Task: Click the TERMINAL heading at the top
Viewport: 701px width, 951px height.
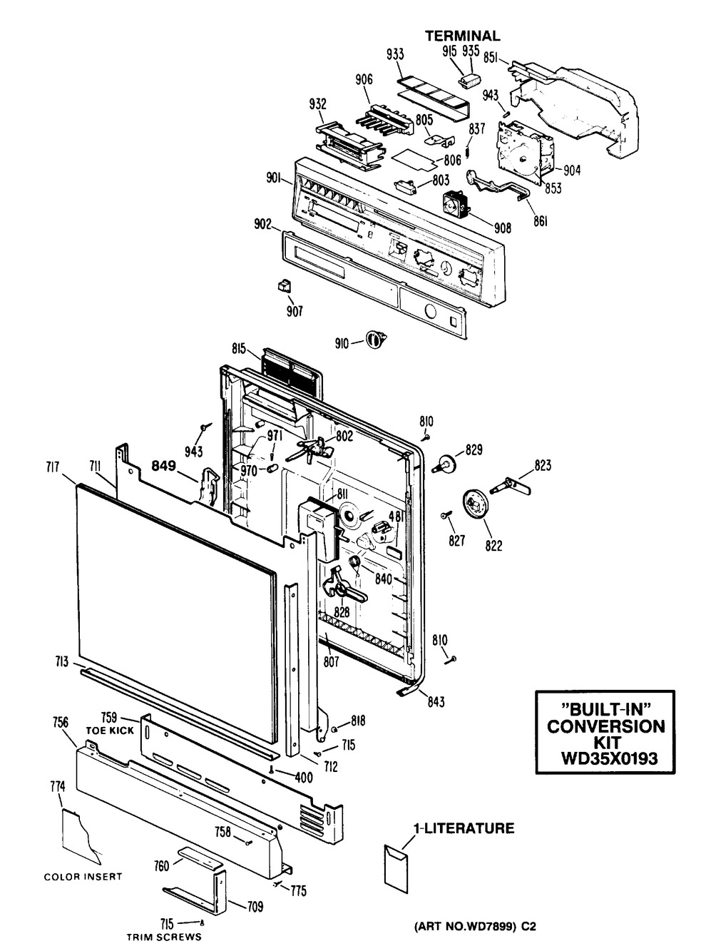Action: coord(462,36)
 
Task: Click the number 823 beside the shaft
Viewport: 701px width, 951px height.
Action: coord(543,467)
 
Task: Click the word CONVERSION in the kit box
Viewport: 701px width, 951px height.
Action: coord(605,726)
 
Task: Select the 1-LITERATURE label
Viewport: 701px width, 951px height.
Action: coord(464,829)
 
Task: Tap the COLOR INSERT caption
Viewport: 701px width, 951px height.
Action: coord(83,877)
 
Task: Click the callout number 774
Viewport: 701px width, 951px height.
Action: coord(57,787)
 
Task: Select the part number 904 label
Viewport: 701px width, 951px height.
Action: coord(571,171)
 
